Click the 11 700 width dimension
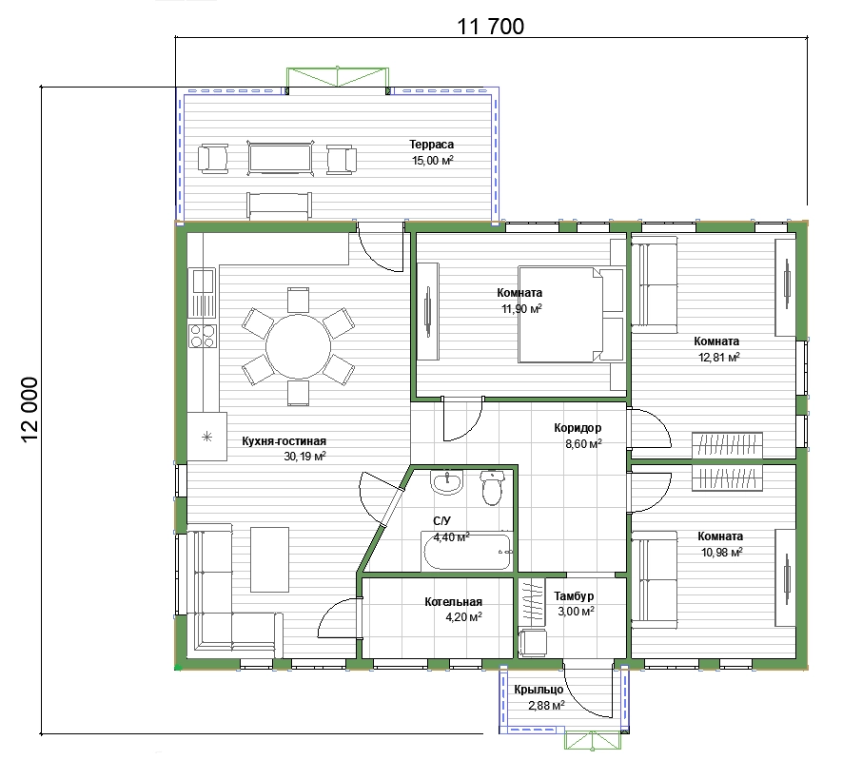(490, 27)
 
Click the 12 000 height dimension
(29, 409)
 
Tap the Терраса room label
(432, 145)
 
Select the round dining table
(298, 346)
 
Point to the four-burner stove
(203, 337)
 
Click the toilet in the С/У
(492, 487)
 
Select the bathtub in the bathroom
(467, 552)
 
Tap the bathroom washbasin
(447, 483)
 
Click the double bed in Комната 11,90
(571, 314)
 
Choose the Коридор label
(578, 428)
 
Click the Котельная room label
(453, 602)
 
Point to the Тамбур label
(574, 596)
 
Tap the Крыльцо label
(539, 690)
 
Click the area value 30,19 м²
(305, 457)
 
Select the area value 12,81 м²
(719, 358)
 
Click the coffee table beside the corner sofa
(269, 559)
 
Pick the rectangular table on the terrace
(281, 158)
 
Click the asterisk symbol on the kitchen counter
(207, 438)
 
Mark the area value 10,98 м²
(722, 553)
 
